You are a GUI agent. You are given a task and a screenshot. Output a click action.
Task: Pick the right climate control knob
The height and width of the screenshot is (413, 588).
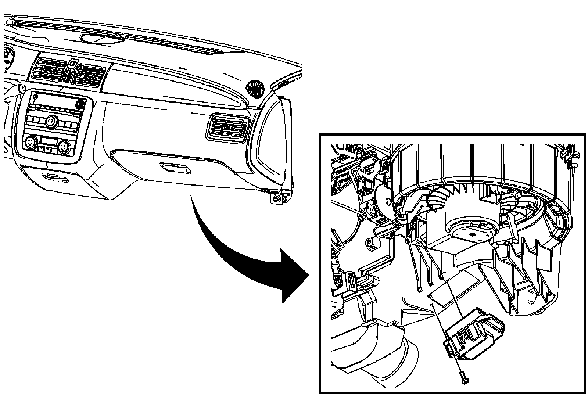[x=63, y=146]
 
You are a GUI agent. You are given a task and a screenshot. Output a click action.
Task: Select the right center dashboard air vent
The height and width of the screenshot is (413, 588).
[x=89, y=75]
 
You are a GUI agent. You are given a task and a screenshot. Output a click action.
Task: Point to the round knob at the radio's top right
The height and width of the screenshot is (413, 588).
[x=79, y=104]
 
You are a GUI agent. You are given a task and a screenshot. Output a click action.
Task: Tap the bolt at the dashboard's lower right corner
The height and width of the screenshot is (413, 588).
[x=276, y=199]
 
